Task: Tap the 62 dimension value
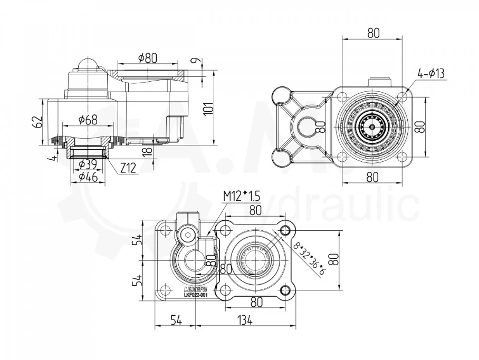click(x=37, y=122)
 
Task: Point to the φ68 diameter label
click(x=88, y=120)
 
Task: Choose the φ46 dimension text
click(x=88, y=178)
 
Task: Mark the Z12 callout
click(x=128, y=169)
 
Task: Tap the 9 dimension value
click(x=196, y=61)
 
